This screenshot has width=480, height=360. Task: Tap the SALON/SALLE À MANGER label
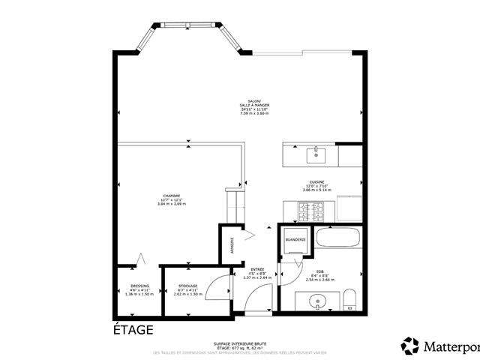coord(254,105)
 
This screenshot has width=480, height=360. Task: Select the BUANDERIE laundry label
coord(295,240)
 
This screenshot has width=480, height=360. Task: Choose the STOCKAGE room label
coord(188,286)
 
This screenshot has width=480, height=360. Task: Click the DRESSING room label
coord(139,286)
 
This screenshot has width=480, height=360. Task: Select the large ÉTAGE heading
coord(133,330)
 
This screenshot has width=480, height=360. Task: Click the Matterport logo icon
coord(410,346)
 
